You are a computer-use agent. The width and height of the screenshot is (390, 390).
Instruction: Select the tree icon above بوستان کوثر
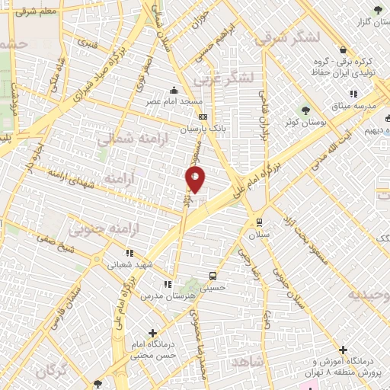(306, 109)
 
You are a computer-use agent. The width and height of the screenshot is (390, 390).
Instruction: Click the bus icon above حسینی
(212, 276)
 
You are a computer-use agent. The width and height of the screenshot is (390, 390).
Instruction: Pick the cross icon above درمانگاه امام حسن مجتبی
(153, 333)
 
